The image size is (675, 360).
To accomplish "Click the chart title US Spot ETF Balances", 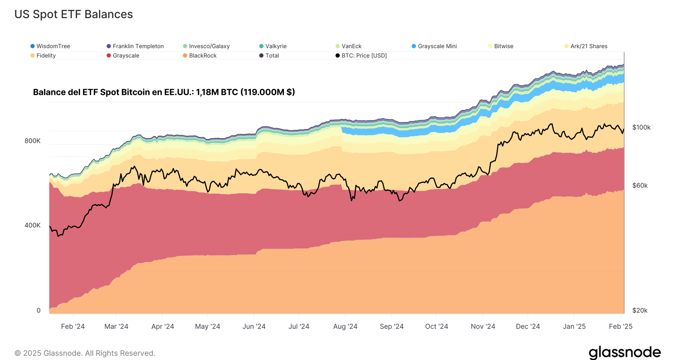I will [x=74, y=14].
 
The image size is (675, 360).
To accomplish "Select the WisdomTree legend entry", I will [x=50, y=46].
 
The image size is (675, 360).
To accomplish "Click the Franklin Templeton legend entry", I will [x=135, y=46].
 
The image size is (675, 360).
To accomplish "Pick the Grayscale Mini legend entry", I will [x=434, y=46].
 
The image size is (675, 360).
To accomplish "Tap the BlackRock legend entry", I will [x=200, y=56].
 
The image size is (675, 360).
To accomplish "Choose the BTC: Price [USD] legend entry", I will [x=361, y=56].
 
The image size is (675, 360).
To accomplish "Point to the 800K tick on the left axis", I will [x=32, y=141].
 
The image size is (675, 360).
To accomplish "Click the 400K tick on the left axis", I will [x=32, y=225].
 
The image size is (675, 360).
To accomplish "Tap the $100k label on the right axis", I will [x=641, y=127].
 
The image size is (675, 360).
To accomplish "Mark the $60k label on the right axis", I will [x=640, y=185].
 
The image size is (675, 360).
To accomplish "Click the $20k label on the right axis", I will [x=640, y=310].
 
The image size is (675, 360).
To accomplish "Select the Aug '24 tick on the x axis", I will [x=345, y=327].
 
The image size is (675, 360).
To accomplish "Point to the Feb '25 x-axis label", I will [x=620, y=327].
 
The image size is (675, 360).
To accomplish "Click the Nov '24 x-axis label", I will [x=483, y=327].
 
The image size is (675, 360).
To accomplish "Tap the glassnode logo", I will [x=625, y=353].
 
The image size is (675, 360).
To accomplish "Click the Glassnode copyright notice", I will [x=85, y=353].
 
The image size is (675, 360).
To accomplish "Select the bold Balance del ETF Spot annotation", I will [x=164, y=92].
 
